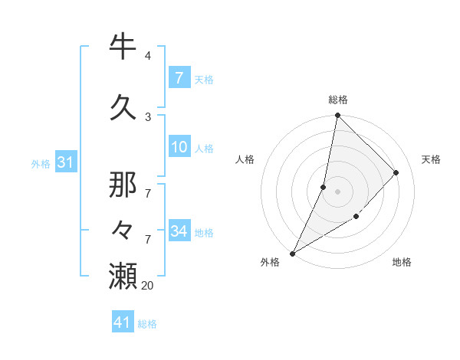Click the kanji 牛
[123, 47]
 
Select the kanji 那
[123, 184]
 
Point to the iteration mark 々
[123, 229]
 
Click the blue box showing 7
[179, 77]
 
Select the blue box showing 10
[179, 148]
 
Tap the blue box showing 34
[179, 231]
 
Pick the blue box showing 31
[65, 162]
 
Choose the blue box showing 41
[123, 322]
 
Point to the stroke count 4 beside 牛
[147, 56]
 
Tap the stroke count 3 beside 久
[147, 116]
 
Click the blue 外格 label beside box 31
[41, 163]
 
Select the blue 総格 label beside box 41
[147, 324]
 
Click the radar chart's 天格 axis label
[431, 159]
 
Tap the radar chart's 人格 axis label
[245, 159]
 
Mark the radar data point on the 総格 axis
[337, 115]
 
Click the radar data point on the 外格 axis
[292, 253]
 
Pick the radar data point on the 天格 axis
[396, 172]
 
